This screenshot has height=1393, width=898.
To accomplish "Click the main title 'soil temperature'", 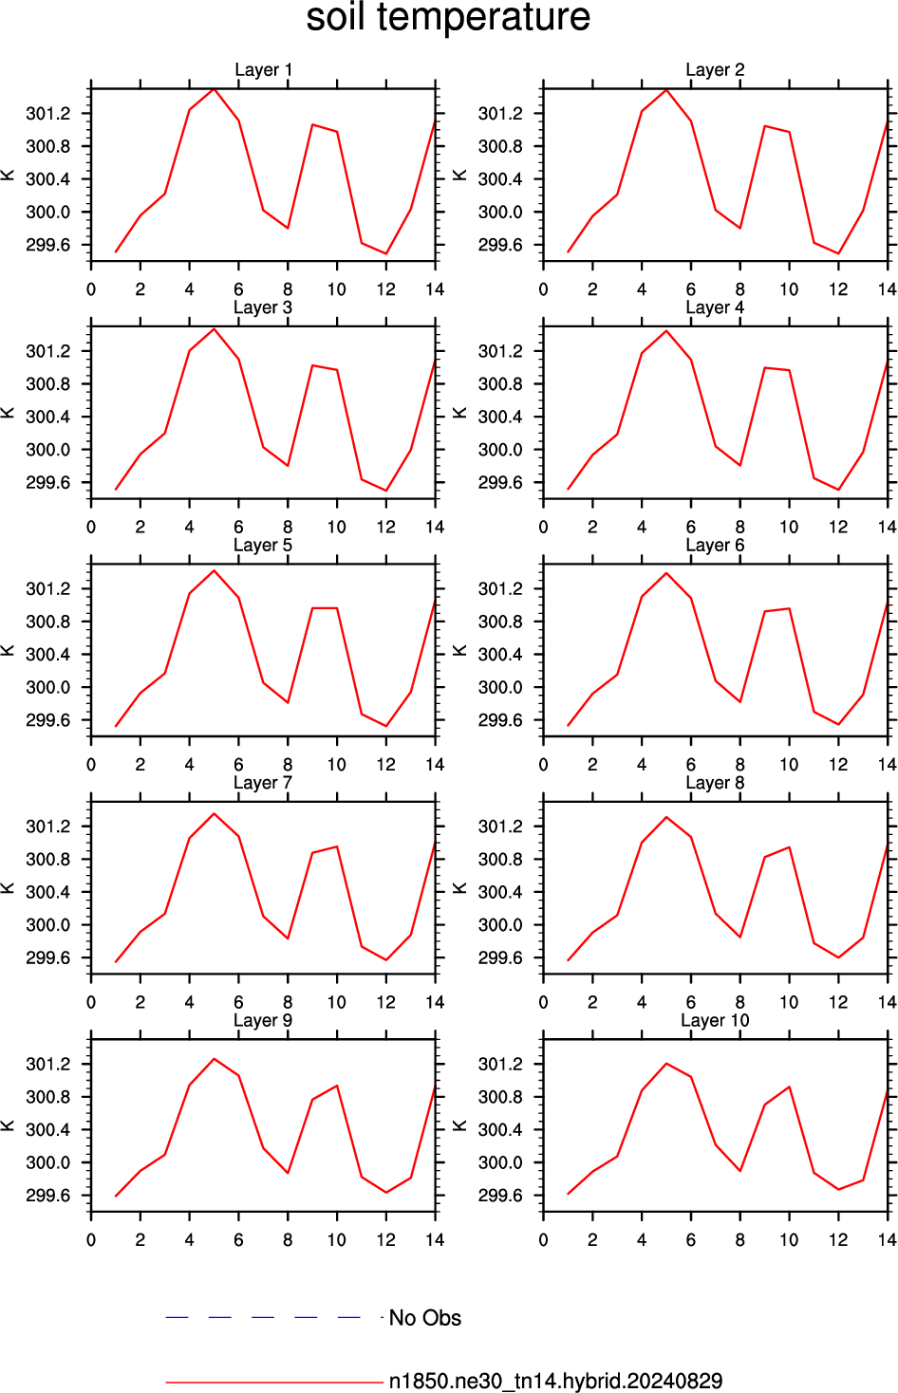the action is coord(448,17).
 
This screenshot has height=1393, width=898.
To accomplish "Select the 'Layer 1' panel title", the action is coord(263,69).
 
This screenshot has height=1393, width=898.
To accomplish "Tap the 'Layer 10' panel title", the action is coord(715,1020).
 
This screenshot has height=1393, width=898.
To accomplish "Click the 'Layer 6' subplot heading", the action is coord(715,545).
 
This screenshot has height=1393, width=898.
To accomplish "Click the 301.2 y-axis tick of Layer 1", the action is coord(47,114).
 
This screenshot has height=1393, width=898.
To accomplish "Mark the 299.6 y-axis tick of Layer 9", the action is coord(47,1196).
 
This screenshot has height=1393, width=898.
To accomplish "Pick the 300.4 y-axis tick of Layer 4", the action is coord(500,417).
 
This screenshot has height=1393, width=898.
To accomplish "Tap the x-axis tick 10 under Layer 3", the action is coord(337,527).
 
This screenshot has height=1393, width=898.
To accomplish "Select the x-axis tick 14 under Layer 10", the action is coord(888,1239).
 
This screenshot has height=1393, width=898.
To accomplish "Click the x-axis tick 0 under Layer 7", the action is coord(91,1002).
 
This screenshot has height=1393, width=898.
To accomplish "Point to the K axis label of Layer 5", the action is coord(8,651).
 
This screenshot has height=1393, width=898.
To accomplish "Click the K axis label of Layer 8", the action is coord(459,888).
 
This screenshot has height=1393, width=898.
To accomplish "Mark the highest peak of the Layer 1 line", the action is coord(215,89).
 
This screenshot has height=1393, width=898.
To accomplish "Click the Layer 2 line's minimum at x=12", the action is coord(839,253).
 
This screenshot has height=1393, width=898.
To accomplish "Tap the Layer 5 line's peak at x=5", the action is coord(215,570).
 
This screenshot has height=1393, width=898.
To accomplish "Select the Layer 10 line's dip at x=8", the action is coord(739,1171).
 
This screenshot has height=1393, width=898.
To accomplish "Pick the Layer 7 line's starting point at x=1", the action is coord(116,962).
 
